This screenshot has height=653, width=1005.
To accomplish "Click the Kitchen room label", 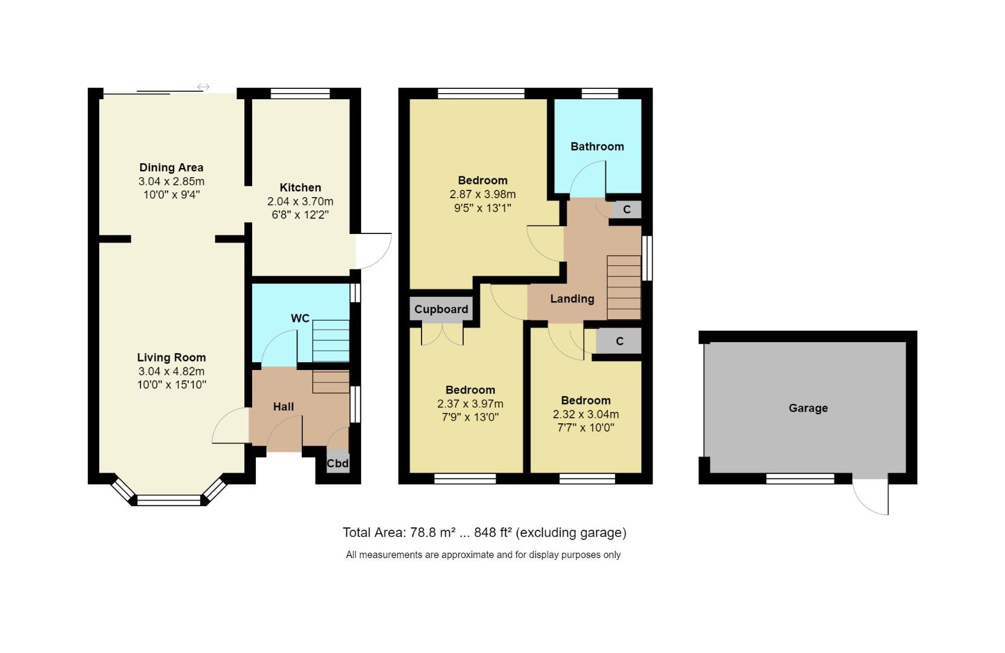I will pos(300,187).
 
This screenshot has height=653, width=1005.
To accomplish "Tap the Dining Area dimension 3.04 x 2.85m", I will pos(171,181).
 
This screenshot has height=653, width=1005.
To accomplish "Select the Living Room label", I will pos(171,357).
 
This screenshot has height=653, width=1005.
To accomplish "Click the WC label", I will pos(300,319).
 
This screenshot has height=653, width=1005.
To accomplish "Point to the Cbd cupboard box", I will pos(337,463).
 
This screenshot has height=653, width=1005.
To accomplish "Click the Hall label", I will pos(283,406).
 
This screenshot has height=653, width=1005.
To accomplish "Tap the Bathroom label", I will pos(597,146).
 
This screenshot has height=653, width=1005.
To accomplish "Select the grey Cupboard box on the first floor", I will pos(441,309).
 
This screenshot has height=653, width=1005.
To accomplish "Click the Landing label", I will pos(571,299).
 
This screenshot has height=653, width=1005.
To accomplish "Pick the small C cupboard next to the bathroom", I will pos(626,210).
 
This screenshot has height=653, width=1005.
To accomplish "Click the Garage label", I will pos(807,408).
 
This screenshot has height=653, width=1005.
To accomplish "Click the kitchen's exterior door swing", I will pos(372,251).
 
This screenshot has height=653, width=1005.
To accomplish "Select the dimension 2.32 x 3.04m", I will pos(585,414).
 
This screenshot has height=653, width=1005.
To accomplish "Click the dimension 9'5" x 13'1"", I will pos(482,208).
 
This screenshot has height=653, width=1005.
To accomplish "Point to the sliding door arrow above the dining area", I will pos(203,87).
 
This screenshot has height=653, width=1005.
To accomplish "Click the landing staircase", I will pos(623,287).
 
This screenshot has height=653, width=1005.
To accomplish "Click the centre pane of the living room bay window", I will pos(169,500).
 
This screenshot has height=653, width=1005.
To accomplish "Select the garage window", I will pos(800,479).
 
